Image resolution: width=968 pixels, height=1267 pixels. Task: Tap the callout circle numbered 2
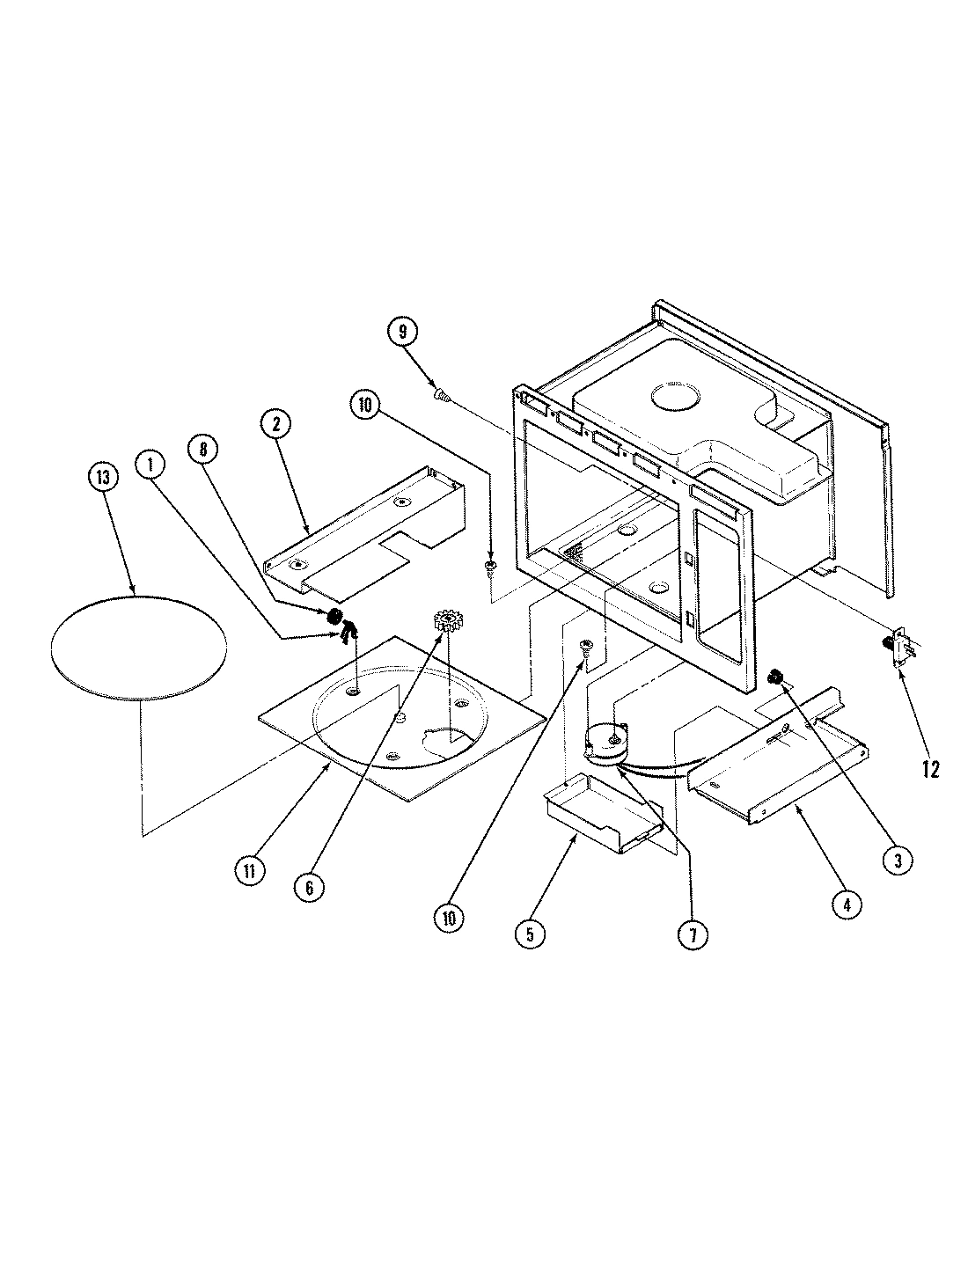[x=275, y=424]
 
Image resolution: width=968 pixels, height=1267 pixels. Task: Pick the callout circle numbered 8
[x=202, y=449]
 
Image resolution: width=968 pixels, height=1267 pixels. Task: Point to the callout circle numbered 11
[x=251, y=870]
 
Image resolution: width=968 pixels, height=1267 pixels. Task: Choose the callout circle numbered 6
[x=310, y=887]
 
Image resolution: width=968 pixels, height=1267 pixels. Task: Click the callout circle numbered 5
[x=529, y=934]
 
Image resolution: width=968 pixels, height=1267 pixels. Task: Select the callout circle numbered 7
[x=693, y=935]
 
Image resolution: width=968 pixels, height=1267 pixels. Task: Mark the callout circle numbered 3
[x=873, y=861]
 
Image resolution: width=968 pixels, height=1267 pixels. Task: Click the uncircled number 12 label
[x=930, y=770]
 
